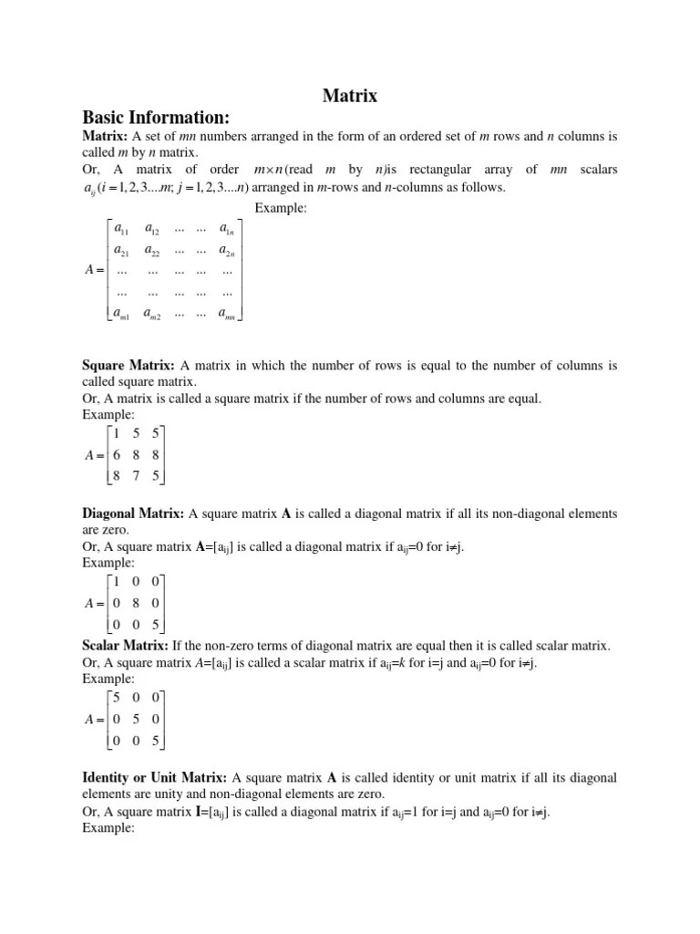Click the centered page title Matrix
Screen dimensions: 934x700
coord(350,96)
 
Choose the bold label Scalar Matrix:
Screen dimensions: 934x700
coord(125,647)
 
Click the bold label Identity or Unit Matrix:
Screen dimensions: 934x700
coord(155,778)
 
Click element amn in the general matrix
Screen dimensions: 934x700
coord(227,314)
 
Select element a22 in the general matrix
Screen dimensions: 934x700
coord(153,249)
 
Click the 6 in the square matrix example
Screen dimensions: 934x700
coord(117,453)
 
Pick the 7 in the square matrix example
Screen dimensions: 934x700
coord(136,474)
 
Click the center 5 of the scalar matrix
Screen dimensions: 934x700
coord(136,720)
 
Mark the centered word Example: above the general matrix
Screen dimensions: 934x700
coord(281,208)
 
